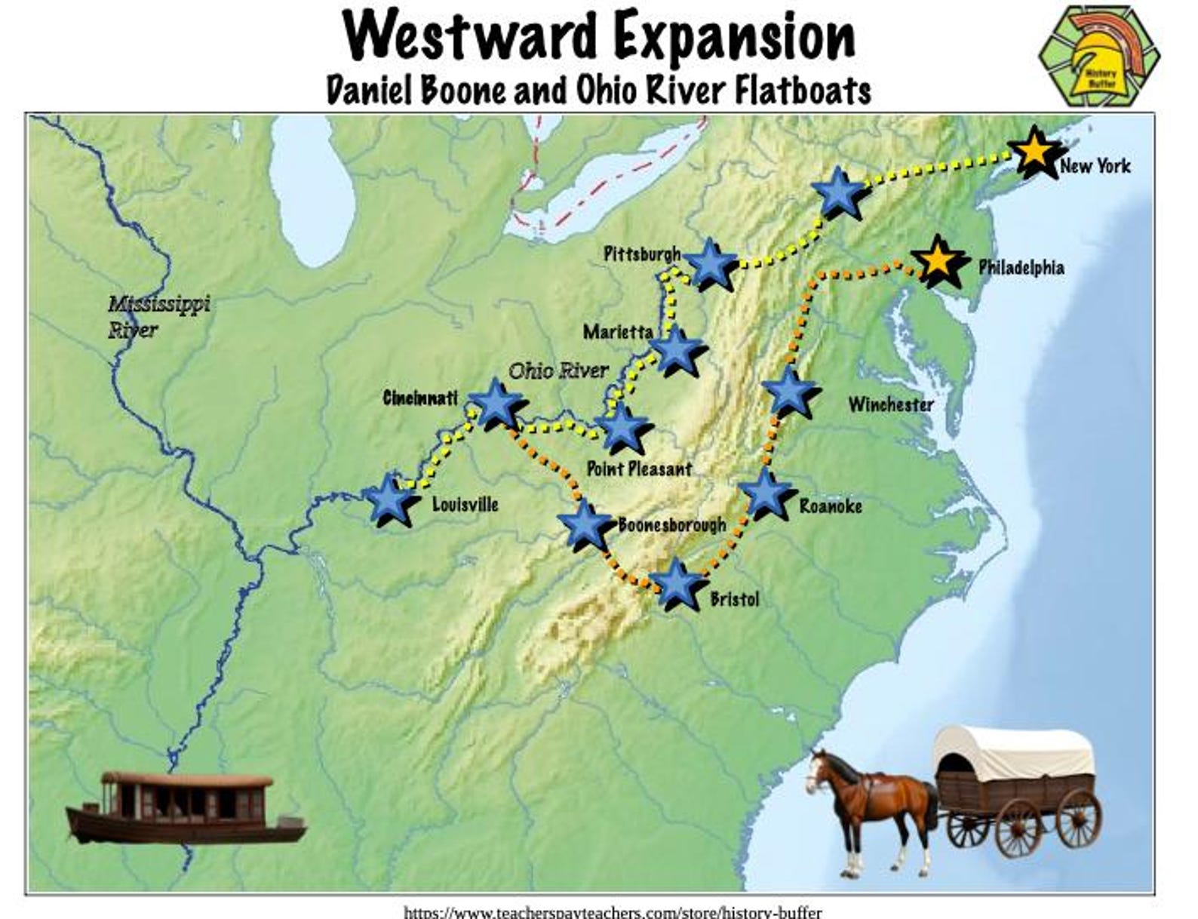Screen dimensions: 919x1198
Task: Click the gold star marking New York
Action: [1034, 152]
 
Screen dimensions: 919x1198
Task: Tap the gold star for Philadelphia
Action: [937, 260]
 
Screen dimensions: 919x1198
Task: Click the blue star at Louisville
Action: [389, 499]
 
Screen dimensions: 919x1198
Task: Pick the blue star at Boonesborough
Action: [585, 524]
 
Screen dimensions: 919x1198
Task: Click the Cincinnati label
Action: [420, 398]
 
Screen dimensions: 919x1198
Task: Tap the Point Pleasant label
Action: [639, 469]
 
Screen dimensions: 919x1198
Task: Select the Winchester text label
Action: [890, 405]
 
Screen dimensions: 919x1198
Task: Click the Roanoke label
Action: [830, 506]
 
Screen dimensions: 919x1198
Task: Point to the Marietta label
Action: [618, 332]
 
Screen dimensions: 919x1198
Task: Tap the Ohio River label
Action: [558, 371]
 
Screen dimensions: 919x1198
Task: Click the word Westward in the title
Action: [468, 37]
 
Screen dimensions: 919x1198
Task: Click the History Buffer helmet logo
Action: [1099, 57]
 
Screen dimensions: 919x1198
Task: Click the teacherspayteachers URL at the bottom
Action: [612, 912]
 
